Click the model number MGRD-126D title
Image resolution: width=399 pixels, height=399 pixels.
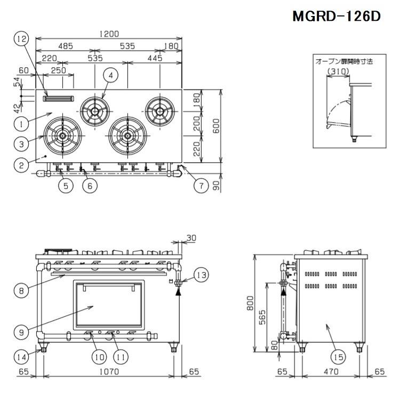click(x=336, y=16)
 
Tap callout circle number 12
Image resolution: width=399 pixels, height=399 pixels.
click(x=21, y=39)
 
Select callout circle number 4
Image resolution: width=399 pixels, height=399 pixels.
click(x=110, y=76)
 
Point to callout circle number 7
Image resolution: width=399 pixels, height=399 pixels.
click(x=201, y=186)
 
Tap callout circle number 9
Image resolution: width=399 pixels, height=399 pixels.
click(x=21, y=331)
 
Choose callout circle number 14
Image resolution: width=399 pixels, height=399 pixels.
click(x=21, y=356)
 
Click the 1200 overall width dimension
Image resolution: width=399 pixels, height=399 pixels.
click(x=109, y=34)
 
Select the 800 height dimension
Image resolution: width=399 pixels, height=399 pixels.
click(x=248, y=304)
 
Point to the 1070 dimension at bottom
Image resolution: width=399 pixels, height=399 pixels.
click(x=109, y=372)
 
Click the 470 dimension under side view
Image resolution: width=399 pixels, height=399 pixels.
click(x=331, y=372)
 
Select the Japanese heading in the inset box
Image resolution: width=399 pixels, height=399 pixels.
click(x=345, y=61)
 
